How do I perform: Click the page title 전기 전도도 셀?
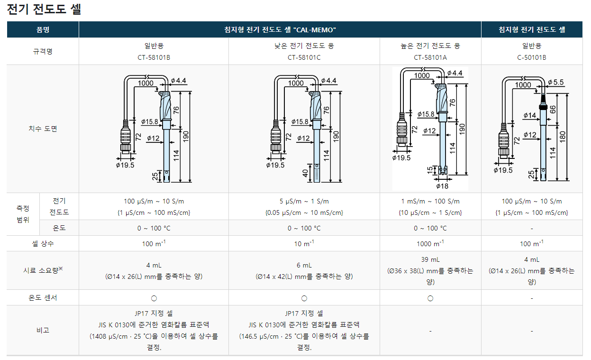point(44,9)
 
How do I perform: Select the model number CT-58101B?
point(154,57)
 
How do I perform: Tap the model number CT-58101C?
point(304,57)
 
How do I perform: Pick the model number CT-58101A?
point(430,57)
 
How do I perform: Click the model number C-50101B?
point(532,57)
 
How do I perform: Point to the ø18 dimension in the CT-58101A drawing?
point(442,186)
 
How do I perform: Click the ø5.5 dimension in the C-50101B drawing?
point(555,82)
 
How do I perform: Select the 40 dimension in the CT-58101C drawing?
point(305,173)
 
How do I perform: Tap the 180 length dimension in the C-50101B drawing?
point(562,137)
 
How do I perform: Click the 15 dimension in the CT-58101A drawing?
point(430,170)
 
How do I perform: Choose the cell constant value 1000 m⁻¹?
point(430,243)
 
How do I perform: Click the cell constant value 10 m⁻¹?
point(304,243)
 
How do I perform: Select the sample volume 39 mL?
point(430,259)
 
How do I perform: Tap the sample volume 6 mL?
point(304,265)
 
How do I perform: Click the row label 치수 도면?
point(43,129)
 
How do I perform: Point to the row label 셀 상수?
point(43,243)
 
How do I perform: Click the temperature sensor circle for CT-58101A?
point(430,298)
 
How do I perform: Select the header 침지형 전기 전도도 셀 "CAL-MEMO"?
point(280,29)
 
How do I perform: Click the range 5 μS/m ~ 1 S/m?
point(304,201)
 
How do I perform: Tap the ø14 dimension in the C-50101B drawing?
point(530,115)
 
